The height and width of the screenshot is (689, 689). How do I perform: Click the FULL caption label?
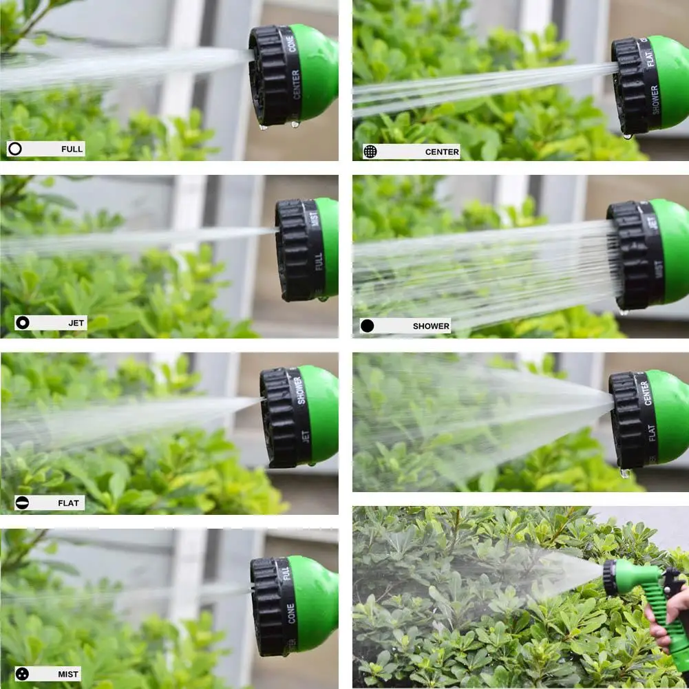click(71, 149)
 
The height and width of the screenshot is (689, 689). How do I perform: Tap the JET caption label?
click(76, 323)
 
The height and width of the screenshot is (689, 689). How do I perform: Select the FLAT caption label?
click(71, 502)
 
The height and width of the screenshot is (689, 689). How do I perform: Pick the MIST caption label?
click(68, 674)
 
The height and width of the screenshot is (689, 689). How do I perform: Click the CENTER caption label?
click(441, 151)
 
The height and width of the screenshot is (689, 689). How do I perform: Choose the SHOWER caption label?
click(431, 326)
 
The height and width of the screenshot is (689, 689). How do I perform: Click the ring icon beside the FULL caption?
click(15, 149)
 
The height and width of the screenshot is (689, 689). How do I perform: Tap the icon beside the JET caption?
click(23, 323)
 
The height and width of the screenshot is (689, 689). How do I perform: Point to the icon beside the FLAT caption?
click(23, 502)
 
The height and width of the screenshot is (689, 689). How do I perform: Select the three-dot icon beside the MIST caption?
click(23, 674)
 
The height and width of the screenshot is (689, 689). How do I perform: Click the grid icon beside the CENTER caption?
click(370, 151)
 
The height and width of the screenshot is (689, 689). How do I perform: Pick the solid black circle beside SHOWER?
click(368, 326)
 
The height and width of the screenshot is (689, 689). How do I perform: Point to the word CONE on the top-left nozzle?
click(294, 41)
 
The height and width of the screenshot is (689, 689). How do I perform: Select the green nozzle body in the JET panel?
click(328, 248)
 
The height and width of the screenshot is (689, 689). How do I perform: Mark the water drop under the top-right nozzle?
click(627, 136)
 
